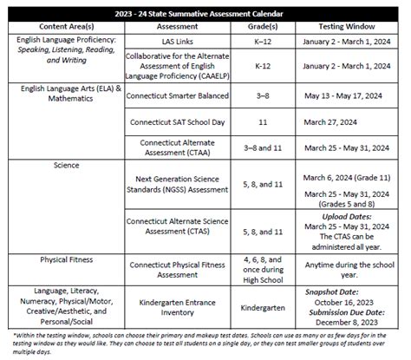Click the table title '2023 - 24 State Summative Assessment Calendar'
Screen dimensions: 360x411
pyautogui.click(x=205, y=12)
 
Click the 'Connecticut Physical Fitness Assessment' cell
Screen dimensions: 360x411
pyautogui.click(x=176, y=264)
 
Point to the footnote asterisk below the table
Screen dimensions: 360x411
pyautogui.click(x=15, y=333)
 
